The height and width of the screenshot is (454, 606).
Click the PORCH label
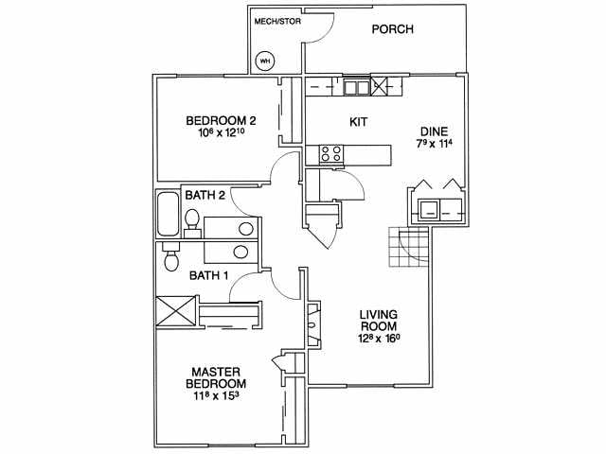(x=391, y=29)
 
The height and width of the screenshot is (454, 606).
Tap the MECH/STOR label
(x=277, y=21)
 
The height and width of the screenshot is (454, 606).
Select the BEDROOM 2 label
(x=221, y=121)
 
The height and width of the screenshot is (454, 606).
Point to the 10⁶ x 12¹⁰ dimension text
(x=221, y=135)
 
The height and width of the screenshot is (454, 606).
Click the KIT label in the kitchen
(x=358, y=123)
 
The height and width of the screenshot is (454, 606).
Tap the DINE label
(x=435, y=131)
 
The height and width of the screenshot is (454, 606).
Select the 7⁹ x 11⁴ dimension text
(x=435, y=145)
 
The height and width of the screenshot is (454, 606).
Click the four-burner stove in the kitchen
(x=330, y=153)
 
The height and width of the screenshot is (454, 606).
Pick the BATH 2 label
(x=205, y=196)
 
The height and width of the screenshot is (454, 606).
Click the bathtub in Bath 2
(x=168, y=215)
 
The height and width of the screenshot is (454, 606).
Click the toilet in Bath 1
(x=171, y=257)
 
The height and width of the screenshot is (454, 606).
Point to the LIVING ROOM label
(x=377, y=323)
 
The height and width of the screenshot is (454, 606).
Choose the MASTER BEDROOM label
(x=219, y=378)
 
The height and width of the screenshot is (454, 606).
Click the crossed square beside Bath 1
(x=176, y=310)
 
